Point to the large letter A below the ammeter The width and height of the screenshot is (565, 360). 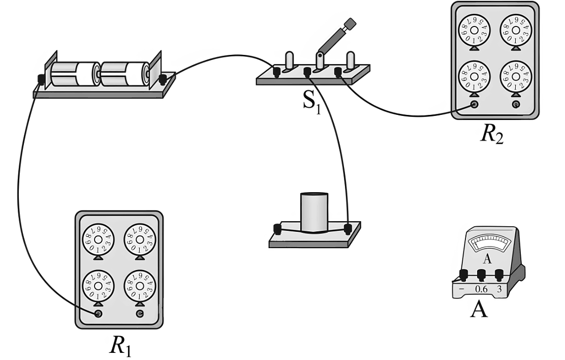478,309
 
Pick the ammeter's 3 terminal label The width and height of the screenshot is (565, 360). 499,289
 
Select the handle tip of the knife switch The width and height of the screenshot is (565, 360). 350,23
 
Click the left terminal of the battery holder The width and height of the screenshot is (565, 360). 40,79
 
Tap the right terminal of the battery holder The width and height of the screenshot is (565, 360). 163,79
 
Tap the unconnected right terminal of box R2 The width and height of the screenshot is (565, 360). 516,105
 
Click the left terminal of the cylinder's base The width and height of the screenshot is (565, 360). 278,229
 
